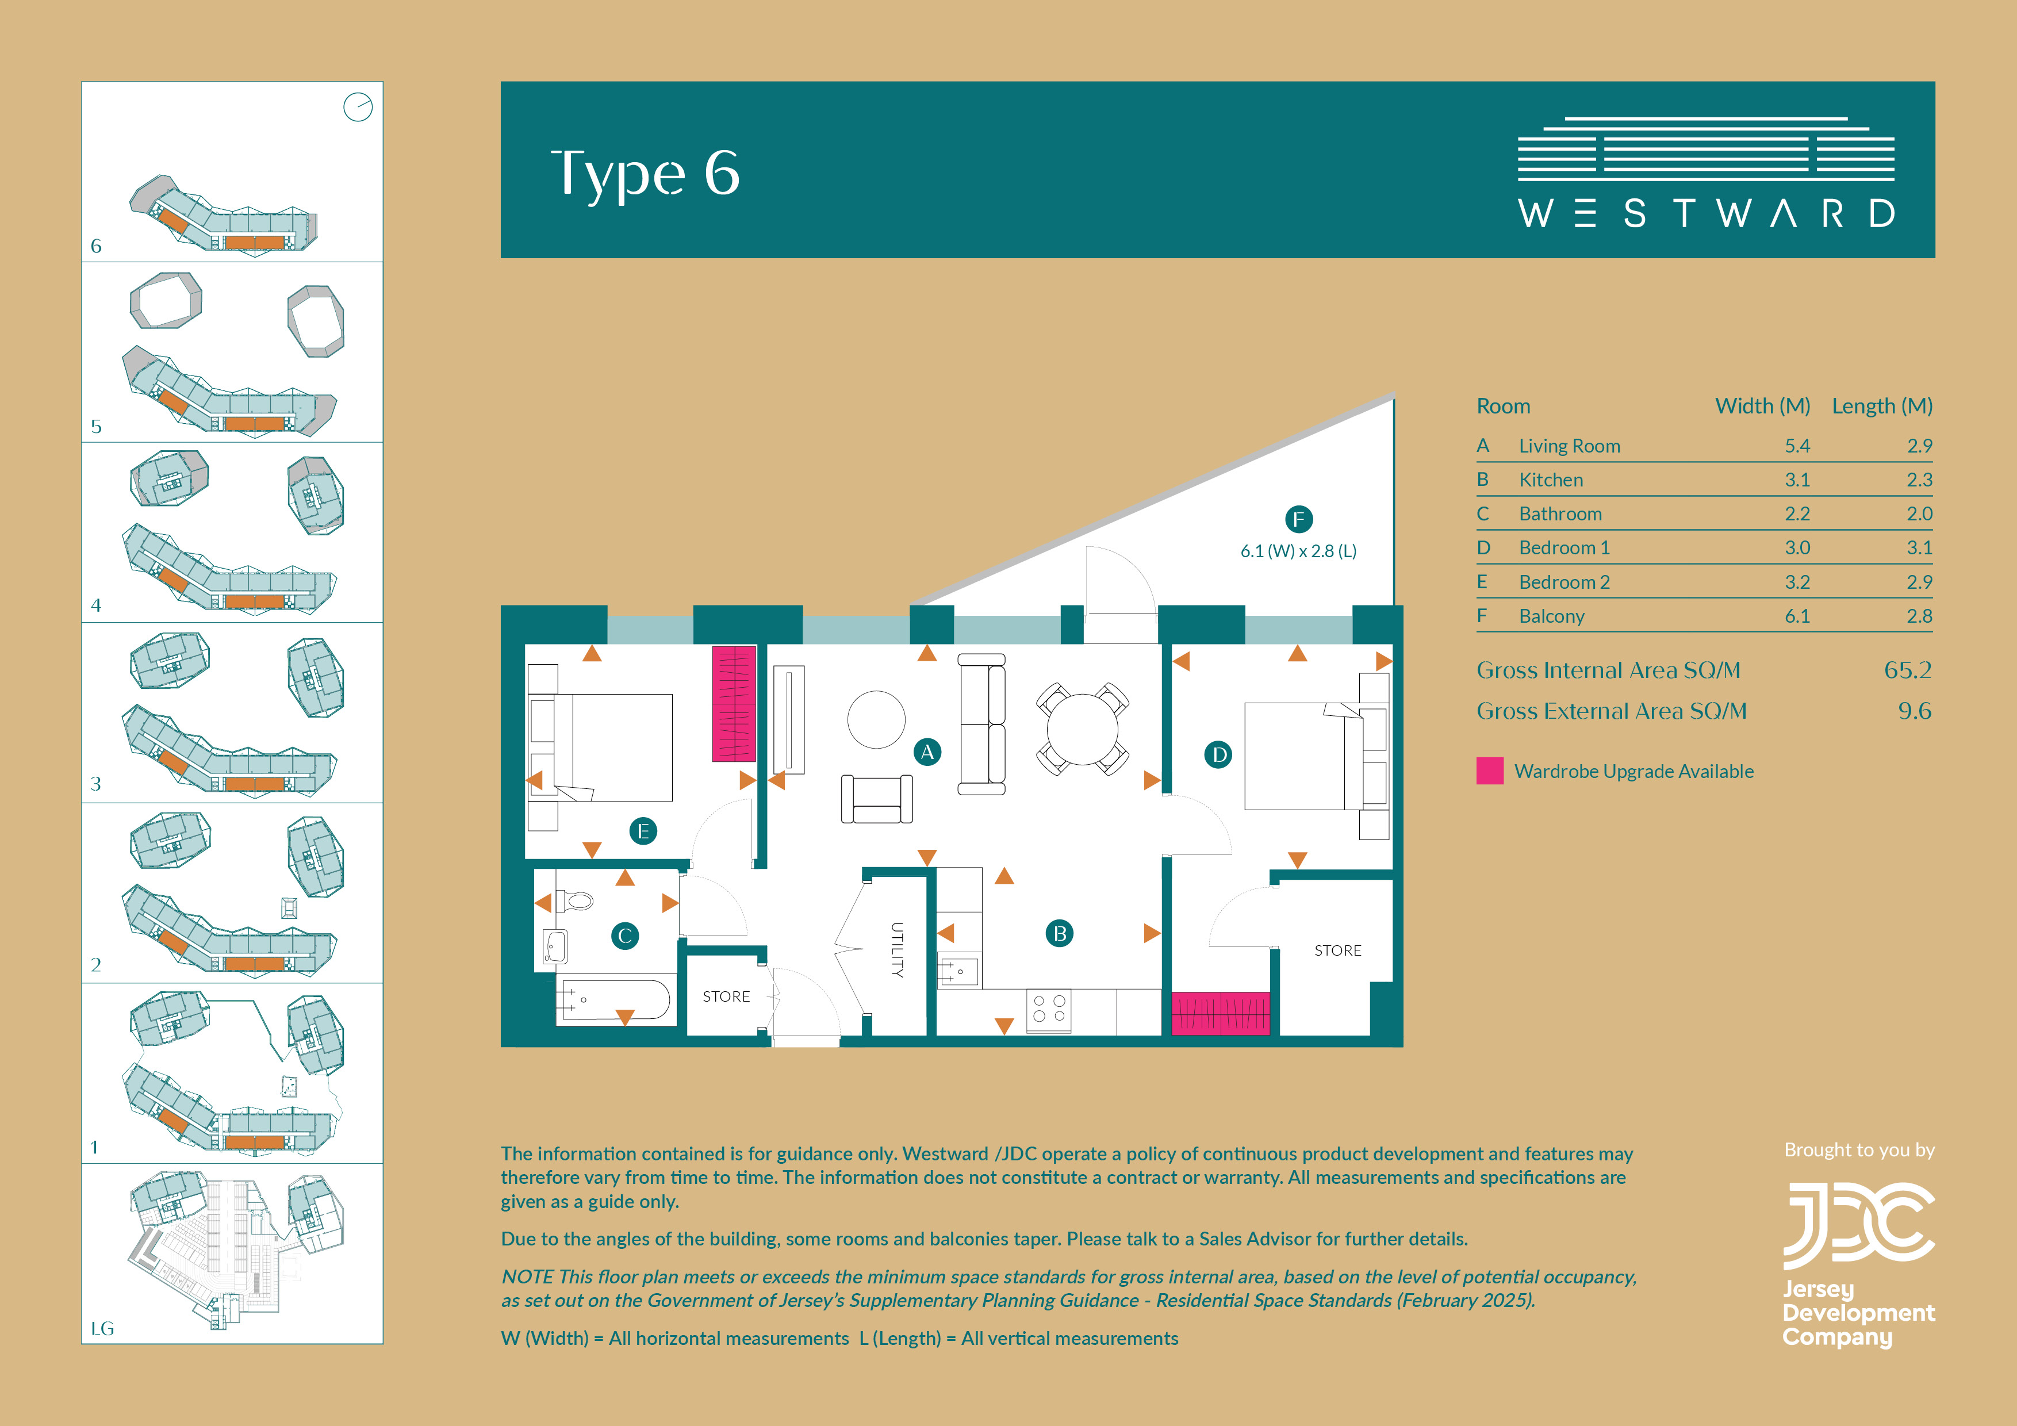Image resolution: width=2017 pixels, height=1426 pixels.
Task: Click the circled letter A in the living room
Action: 927,752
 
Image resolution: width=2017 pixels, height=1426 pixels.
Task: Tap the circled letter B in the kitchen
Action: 1060,933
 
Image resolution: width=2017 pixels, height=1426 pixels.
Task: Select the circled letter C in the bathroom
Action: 624,936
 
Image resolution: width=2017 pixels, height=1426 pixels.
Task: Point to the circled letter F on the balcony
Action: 1298,519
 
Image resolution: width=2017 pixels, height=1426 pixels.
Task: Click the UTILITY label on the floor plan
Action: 897,950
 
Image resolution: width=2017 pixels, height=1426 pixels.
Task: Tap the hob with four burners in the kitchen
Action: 1049,1010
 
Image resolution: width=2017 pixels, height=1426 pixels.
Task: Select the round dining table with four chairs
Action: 1082,729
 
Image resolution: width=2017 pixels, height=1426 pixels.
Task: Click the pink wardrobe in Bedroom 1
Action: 1220,1013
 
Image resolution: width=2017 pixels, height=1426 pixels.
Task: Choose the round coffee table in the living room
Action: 876,719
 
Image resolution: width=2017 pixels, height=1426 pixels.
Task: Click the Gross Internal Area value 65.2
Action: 1907,670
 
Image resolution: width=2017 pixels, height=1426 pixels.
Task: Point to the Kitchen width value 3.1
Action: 1797,480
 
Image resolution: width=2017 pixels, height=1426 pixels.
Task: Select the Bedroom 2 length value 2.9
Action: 1919,582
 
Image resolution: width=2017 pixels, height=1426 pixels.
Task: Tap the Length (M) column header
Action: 1882,406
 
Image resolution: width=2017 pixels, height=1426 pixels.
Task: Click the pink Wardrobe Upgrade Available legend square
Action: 1490,770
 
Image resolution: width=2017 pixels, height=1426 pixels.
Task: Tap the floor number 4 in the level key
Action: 96,605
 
